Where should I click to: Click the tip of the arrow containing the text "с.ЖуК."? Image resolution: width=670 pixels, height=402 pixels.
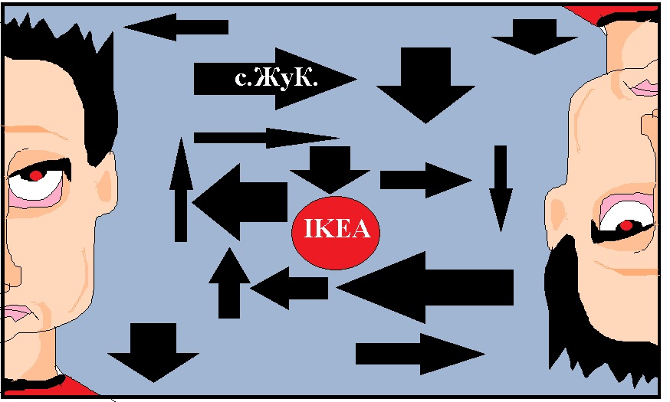[x=356, y=79]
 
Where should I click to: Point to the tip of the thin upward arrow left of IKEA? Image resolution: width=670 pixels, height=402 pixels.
[x=181, y=138]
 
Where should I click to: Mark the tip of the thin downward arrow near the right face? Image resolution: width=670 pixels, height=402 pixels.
[x=501, y=232]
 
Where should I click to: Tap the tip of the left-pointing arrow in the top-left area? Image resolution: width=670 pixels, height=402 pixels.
[x=124, y=27]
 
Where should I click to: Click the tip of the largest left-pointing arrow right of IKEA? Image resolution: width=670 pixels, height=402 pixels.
[x=337, y=287]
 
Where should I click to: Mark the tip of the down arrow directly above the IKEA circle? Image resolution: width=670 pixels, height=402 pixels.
[x=330, y=193]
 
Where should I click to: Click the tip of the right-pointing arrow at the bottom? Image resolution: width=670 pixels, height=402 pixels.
[x=485, y=354]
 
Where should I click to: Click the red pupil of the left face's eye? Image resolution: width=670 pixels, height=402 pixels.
[x=36, y=175]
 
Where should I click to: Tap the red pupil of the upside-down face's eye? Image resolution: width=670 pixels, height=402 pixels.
[x=626, y=225]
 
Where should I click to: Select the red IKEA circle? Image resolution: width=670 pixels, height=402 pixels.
[x=336, y=233]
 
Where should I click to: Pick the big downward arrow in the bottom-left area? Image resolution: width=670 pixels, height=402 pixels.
[x=153, y=352]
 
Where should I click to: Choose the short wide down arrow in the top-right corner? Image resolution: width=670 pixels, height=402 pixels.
[x=534, y=37]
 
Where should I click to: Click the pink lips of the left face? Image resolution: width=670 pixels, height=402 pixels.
[x=17, y=313]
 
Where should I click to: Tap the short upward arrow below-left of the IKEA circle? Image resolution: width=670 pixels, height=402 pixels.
[x=229, y=283]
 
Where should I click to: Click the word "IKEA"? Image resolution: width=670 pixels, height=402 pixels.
[x=337, y=229]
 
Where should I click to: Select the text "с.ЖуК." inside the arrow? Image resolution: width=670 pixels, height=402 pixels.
[x=277, y=79]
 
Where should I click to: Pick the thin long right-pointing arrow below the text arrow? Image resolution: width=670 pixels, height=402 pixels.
[x=267, y=138]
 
